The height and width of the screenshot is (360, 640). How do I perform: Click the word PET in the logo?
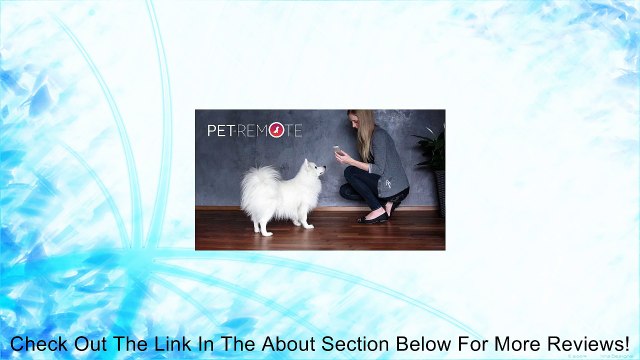221,130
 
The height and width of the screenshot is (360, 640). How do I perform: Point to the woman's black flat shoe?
375,215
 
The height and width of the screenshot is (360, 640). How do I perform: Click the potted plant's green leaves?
432,150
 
